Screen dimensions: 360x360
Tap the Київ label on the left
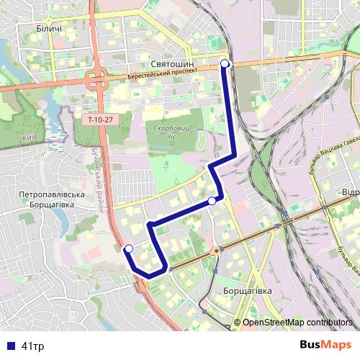coord(30,137)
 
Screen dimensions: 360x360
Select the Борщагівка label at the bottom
coord(248,290)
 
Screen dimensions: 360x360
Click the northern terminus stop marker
coord(225,64)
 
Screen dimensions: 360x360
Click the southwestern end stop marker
coord(129,249)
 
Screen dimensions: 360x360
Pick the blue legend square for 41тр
coord(9,346)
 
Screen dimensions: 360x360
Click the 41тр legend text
coord(32,346)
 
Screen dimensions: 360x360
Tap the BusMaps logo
coord(325,345)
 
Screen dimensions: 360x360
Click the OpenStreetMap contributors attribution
coord(297,323)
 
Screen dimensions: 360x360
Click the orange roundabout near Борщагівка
coord(215,251)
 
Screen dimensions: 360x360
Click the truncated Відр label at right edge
coord(350,193)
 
